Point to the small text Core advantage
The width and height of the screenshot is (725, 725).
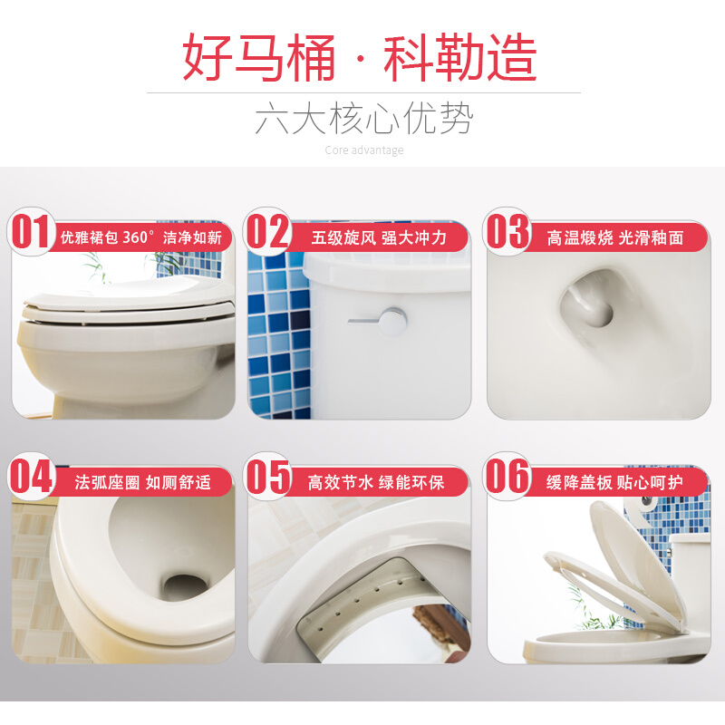coord(363,150)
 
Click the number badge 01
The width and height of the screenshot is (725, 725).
coord(31,233)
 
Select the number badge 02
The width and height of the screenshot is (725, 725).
coord(268,233)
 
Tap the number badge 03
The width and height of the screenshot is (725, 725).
coord(507,233)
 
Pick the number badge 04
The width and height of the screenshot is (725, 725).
coord(31,478)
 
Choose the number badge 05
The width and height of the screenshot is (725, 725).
coord(268,478)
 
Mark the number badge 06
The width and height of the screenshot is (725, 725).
coord(507,478)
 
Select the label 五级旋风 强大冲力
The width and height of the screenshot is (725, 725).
coord(379,238)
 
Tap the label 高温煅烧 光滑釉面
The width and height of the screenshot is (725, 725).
coord(614,238)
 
